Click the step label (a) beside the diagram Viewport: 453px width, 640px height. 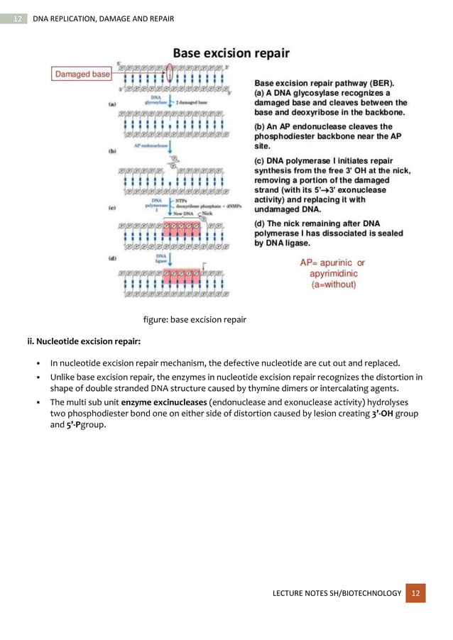[112, 104]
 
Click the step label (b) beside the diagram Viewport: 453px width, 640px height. [112, 151]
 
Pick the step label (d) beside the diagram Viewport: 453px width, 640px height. [112, 260]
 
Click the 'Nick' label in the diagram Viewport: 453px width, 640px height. [207, 212]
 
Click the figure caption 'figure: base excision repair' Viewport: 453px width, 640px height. [195, 319]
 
